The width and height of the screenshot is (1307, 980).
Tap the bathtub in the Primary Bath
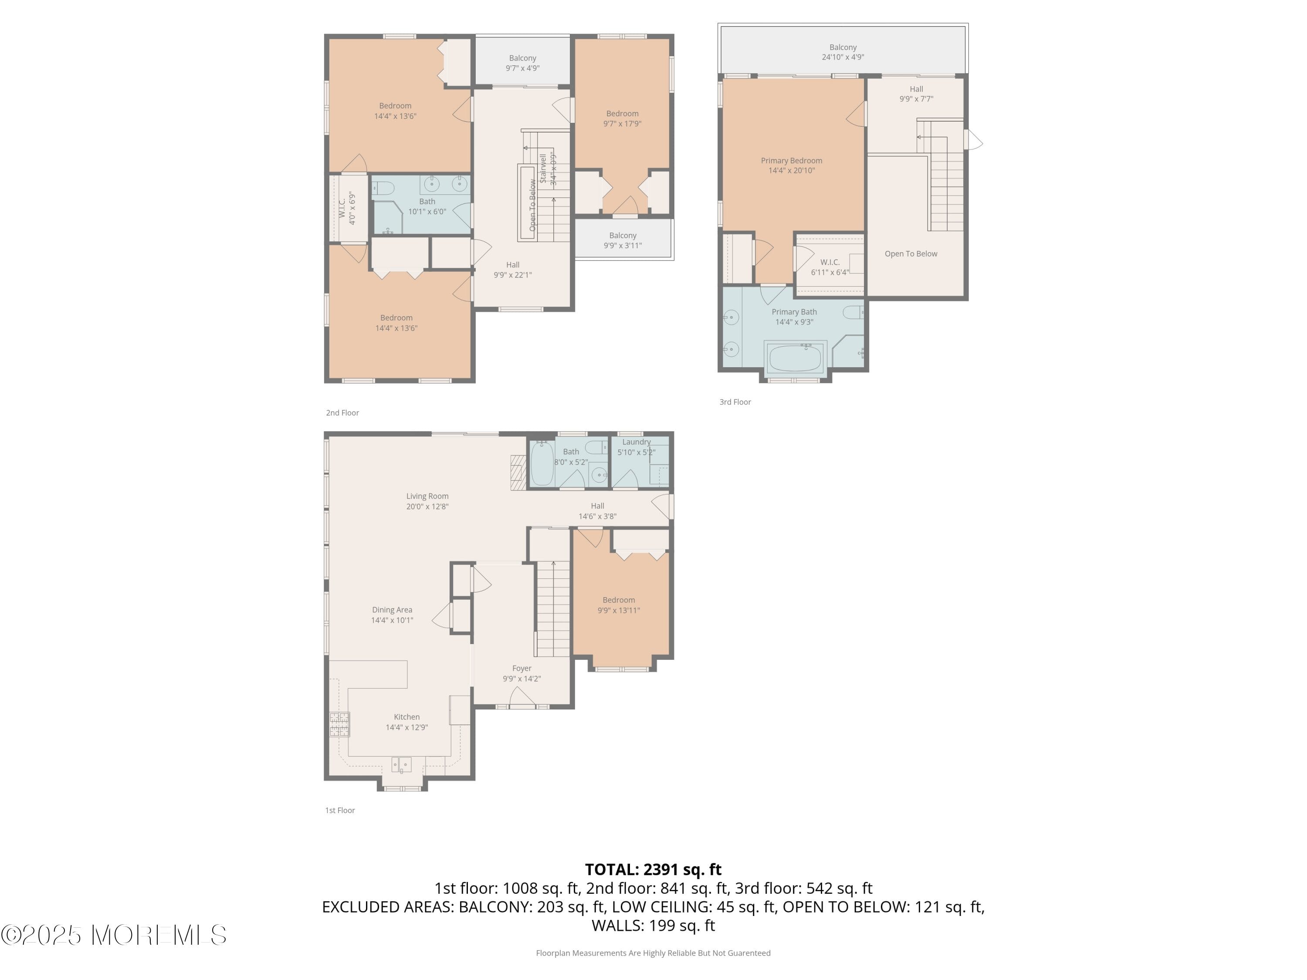pyautogui.click(x=795, y=358)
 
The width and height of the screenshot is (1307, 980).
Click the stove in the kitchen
pyautogui.click(x=339, y=724)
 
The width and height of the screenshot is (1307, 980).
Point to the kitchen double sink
pyautogui.click(x=401, y=764)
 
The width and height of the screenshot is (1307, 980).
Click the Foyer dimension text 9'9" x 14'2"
pyautogui.click(x=522, y=679)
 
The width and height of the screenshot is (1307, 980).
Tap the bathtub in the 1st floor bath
pyautogui.click(x=542, y=464)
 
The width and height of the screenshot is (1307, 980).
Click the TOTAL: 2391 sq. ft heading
pyautogui.click(x=653, y=869)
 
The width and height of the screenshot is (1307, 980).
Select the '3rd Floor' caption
pyautogui.click(x=735, y=402)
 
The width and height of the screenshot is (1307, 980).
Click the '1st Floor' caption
pyautogui.click(x=340, y=810)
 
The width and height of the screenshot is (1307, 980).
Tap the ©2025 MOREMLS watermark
pyautogui.click(x=113, y=935)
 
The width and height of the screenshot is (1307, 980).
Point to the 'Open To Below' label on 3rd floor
pyautogui.click(x=911, y=254)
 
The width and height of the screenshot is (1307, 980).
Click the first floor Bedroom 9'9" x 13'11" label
pyautogui.click(x=619, y=605)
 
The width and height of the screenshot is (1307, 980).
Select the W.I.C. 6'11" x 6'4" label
pyautogui.click(x=830, y=267)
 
